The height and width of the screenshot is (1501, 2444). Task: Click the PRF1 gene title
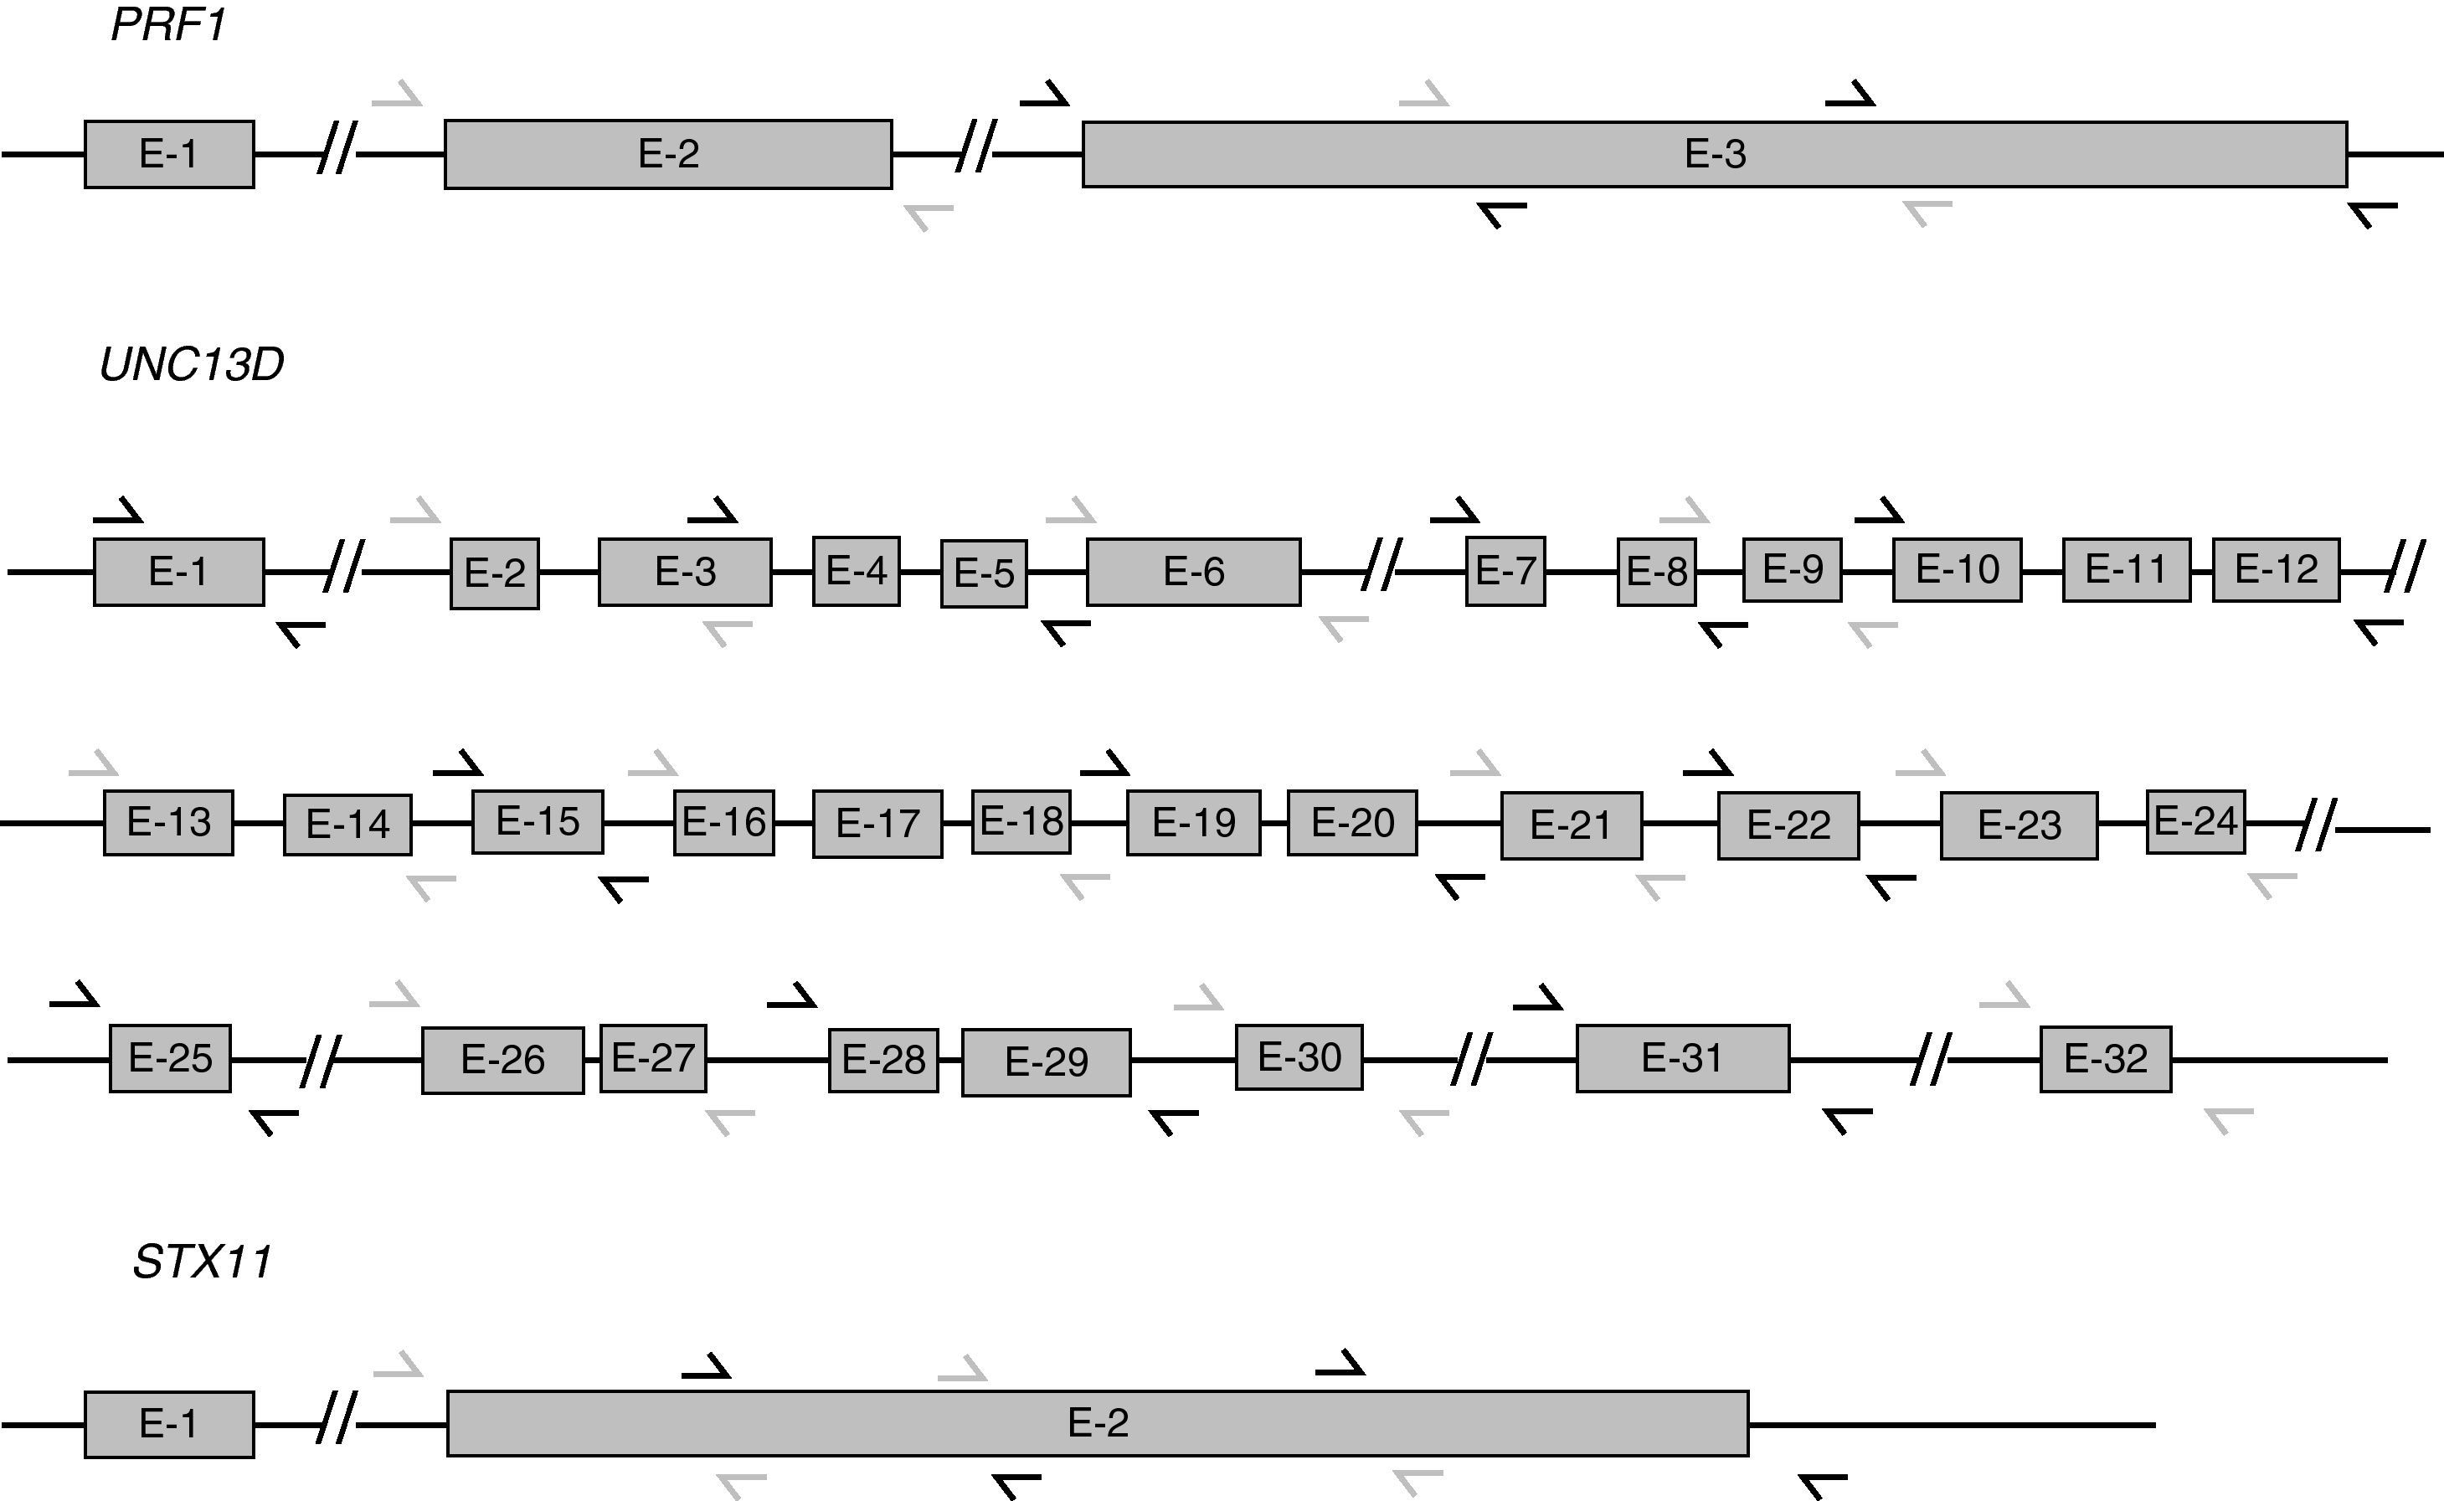click(169, 25)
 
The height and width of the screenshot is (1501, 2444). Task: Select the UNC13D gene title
click(192, 365)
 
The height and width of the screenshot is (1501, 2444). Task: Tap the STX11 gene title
click(203, 1262)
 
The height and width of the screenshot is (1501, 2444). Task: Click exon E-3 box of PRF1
click(1715, 154)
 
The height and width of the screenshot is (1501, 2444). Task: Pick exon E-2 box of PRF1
click(668, 154)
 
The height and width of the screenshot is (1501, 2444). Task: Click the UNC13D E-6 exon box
click(1193, 572)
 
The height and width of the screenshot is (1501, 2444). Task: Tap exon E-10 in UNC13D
click(1957, 568)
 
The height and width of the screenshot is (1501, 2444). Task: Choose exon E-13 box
click(169, 822)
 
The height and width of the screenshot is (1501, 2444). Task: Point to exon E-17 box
click(877, 823)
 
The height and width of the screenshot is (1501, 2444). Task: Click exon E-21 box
click(1571, 825)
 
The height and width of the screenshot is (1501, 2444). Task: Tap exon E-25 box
click(170, 1058)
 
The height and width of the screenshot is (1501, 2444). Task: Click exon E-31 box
click(1683, 1058)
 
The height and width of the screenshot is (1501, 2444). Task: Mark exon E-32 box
click(2106, 1059)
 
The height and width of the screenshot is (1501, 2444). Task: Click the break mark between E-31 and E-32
click(1931, 1059)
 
